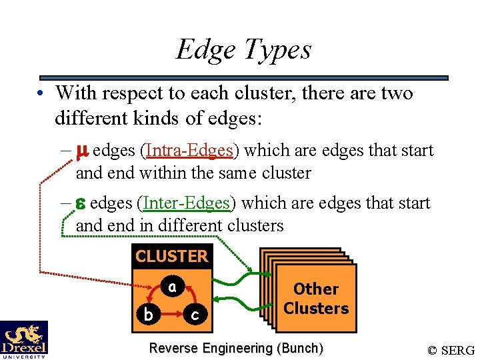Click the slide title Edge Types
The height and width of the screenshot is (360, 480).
tap(243, 49)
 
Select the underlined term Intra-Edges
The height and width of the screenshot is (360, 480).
tap(189, 151)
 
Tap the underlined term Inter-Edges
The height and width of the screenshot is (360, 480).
tap(187, 203)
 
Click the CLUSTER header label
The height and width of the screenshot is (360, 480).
tap(171, 256)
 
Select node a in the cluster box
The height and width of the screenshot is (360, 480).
tap(172, 287)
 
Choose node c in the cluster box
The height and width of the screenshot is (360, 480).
tap(195, 314)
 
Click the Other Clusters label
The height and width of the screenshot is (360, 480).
tap(316, 299)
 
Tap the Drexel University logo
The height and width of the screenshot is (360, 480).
tap(24, 339)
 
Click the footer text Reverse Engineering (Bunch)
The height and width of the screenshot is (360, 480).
tap(236, 348)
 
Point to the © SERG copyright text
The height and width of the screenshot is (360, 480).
tap(451, 349)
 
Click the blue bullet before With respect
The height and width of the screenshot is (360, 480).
tap(41, 94)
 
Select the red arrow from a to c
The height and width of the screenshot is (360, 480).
tap(191, 296)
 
